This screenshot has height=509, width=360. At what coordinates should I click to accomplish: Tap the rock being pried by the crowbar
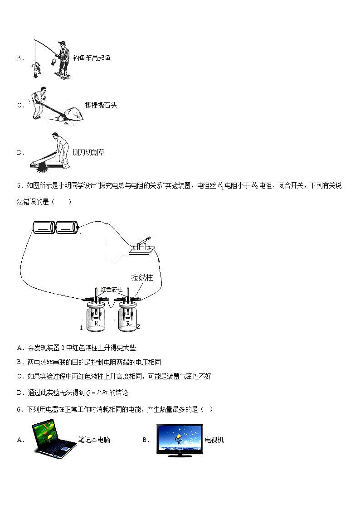coord(72,115)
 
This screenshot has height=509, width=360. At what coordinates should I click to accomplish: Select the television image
coord(180,439)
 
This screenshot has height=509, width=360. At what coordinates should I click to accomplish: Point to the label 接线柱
coord(142,277)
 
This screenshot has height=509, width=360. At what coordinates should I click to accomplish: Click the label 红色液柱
coord(112,290)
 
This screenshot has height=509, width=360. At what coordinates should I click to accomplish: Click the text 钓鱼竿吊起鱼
coord(92,58)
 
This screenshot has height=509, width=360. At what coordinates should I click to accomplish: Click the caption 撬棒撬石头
coord(101,105)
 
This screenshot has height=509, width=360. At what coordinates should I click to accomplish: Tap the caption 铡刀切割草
coord(88,152)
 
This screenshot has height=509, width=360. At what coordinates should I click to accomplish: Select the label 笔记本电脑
coord(94,440)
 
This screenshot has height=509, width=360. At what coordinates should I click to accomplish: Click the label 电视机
coord(214,440)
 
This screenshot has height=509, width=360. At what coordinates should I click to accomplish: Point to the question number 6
coord(19,410)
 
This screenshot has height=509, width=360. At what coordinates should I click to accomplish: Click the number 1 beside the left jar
coord(81,327)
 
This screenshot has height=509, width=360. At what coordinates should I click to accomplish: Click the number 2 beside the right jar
coord(138,326)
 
